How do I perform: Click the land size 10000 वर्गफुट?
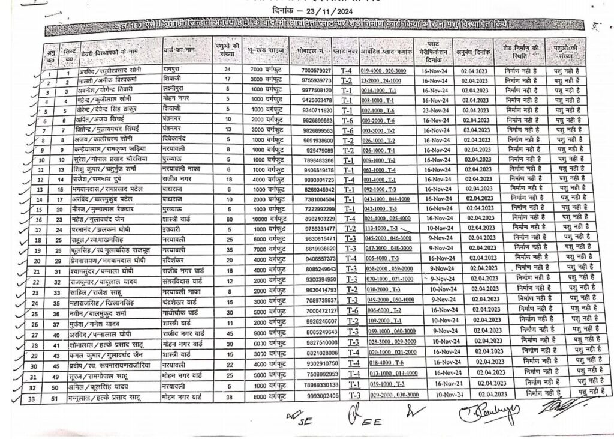[264, 219]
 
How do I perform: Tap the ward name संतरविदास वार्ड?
[183, 281]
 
